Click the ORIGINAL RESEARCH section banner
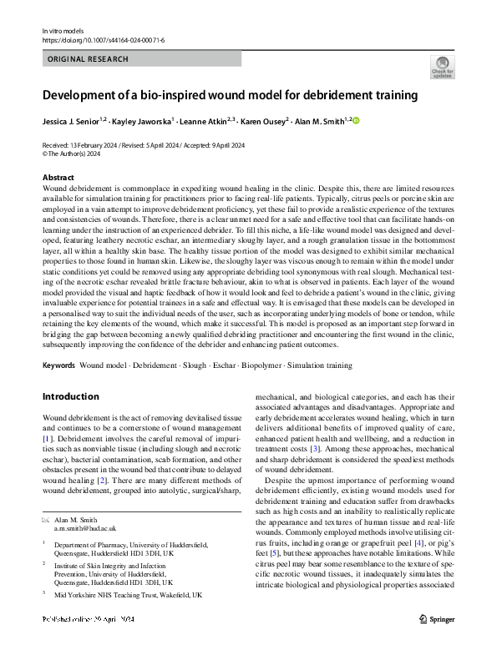click(88, 59)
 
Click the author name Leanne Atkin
click(200, 121)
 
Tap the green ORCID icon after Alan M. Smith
click(354, 121)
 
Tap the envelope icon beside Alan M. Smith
click(45, 520)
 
